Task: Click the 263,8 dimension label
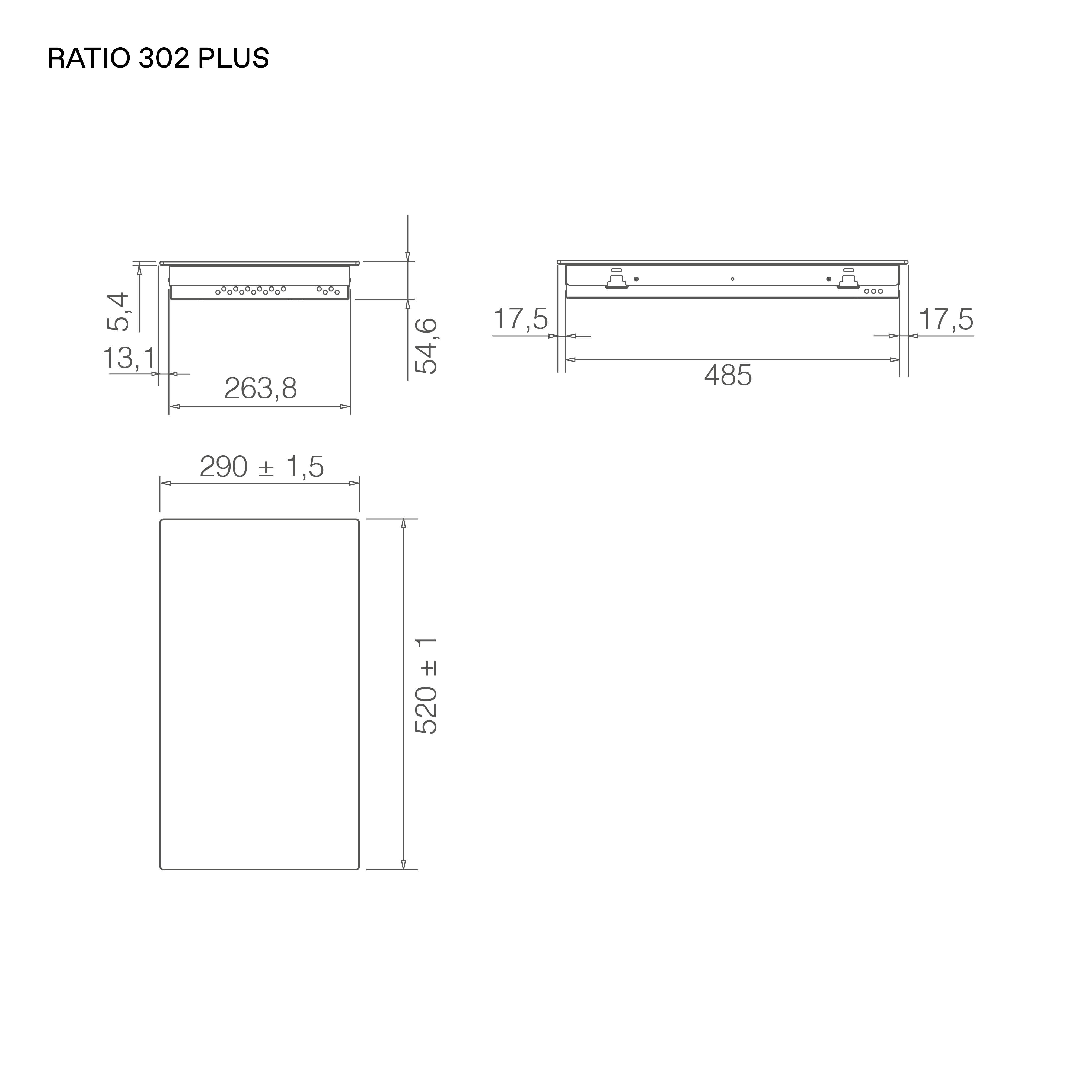tap(261, 388)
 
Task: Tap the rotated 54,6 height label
tap(426, 345)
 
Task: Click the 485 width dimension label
tap(728, 375)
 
